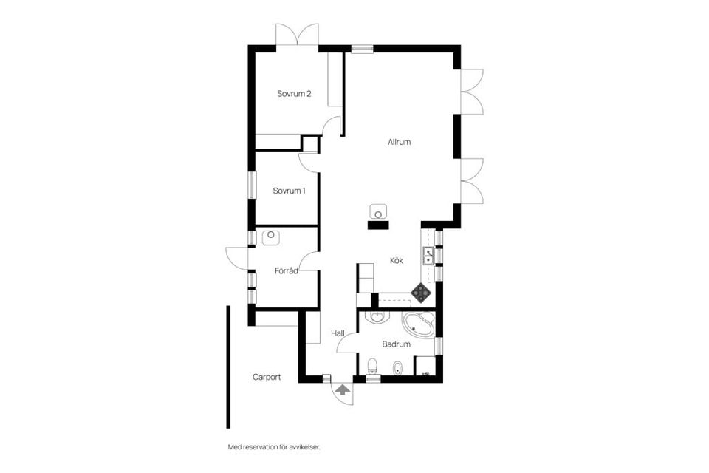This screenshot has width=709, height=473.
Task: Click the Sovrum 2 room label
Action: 294,94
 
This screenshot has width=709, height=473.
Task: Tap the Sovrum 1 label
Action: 290,191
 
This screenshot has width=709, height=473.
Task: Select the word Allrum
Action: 399,142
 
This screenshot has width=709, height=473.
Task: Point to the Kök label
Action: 397,260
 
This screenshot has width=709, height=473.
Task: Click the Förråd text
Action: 286,271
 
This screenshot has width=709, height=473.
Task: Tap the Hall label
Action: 338,334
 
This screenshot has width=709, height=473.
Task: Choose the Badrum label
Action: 397,344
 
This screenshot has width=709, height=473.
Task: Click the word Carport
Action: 267,377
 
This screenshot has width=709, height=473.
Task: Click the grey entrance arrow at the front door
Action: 343,389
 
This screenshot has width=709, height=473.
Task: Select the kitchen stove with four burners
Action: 421,293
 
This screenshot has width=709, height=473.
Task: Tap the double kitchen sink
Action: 428,256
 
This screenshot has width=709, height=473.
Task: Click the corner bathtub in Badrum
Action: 418,324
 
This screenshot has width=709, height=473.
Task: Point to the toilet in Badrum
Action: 373,365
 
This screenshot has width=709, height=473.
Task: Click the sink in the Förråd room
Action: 271,236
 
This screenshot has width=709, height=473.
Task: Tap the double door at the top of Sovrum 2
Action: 297,35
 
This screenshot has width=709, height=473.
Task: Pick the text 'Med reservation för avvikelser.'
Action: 274,447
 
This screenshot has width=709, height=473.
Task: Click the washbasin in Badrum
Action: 377,317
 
